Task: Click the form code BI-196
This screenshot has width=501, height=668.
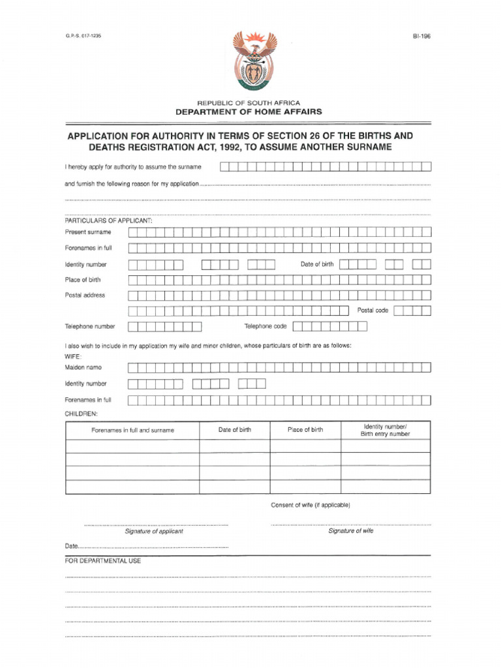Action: (x=421, y=37)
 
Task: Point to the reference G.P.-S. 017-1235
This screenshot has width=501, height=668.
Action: (x=83, y=36)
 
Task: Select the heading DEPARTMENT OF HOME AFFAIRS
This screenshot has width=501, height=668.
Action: (x=249, y=112)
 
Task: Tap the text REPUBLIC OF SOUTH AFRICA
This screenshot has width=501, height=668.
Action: (x=249, y=103)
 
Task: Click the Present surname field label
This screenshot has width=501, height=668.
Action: (x=88, y=232)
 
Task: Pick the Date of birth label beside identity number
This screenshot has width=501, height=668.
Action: (x=316, y=264)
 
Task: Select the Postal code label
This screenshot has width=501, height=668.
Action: (x=372, y=311)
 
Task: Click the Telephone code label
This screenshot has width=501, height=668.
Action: (x=266, y=326)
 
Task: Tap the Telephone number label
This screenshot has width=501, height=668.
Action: (x=90, y=326)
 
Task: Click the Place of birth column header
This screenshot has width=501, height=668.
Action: (x=305, y=430)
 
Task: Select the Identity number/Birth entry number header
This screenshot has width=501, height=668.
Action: (x=386, y=430)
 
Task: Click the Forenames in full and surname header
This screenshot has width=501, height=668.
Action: (x=132, y=431)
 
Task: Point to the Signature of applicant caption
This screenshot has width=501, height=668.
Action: (x=154, y=532)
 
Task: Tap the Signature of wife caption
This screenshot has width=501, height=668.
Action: (x=351, y=531)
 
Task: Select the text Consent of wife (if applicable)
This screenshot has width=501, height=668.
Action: (x=311, y=506)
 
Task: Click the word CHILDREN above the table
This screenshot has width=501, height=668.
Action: (x=81, y=414)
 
